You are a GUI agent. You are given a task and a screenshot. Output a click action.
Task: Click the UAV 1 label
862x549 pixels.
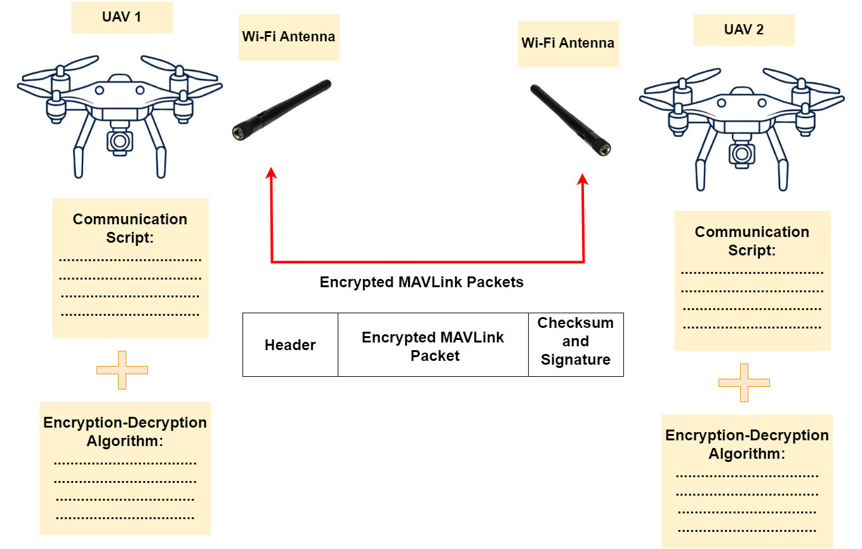click(122, 17)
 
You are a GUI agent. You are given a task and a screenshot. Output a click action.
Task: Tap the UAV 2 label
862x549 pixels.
click(744, 30)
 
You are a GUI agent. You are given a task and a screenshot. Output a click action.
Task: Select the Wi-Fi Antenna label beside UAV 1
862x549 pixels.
click(289, 37)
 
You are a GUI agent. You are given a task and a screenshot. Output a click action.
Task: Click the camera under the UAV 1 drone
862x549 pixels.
click(120, 141)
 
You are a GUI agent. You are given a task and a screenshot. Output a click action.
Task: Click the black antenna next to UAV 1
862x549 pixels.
click(281, 110)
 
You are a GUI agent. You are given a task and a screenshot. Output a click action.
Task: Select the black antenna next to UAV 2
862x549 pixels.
click(570, 120)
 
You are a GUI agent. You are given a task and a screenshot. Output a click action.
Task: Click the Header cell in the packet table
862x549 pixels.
click(290, 345)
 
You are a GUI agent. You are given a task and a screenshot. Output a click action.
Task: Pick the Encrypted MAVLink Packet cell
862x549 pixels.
click(433, 345)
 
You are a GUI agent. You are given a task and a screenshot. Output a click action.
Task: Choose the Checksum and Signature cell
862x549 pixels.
click(576, 345)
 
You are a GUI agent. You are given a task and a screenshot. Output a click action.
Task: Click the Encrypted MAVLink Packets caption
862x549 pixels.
click(421, 282)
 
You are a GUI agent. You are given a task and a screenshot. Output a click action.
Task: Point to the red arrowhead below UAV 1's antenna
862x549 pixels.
click(271, 173)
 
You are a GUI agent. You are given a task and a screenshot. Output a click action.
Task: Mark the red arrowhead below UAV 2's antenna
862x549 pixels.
click(583, 179)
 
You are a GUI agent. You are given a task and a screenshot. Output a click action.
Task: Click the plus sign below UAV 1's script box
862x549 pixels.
click(122, 370)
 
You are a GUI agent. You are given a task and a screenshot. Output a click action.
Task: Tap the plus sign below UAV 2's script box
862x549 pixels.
click(744, 383)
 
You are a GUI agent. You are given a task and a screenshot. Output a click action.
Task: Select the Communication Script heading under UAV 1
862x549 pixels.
click(130, 229)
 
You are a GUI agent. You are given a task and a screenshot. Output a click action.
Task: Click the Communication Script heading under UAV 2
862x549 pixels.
click(752, 241)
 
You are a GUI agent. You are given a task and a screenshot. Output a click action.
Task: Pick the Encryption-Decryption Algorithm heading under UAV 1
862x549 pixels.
click(125, 432)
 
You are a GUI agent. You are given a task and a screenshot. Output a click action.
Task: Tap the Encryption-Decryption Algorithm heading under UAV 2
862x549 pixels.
click(747, 445)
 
